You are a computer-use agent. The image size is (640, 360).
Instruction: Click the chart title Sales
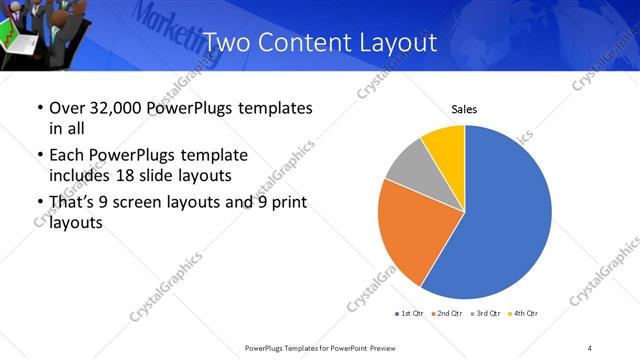pyautogui.click(x=464, y=108)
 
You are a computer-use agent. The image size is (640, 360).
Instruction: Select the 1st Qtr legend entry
pyautogui.click(x=410, y=314)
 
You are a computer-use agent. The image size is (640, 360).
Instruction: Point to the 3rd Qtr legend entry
pyautogui.click(x=485, y=314)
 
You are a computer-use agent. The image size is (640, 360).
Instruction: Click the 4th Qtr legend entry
pyautogui.click(x=523, y=314)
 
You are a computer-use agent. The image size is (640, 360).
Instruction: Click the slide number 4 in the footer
pyautogui.click(x=590, y=347)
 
